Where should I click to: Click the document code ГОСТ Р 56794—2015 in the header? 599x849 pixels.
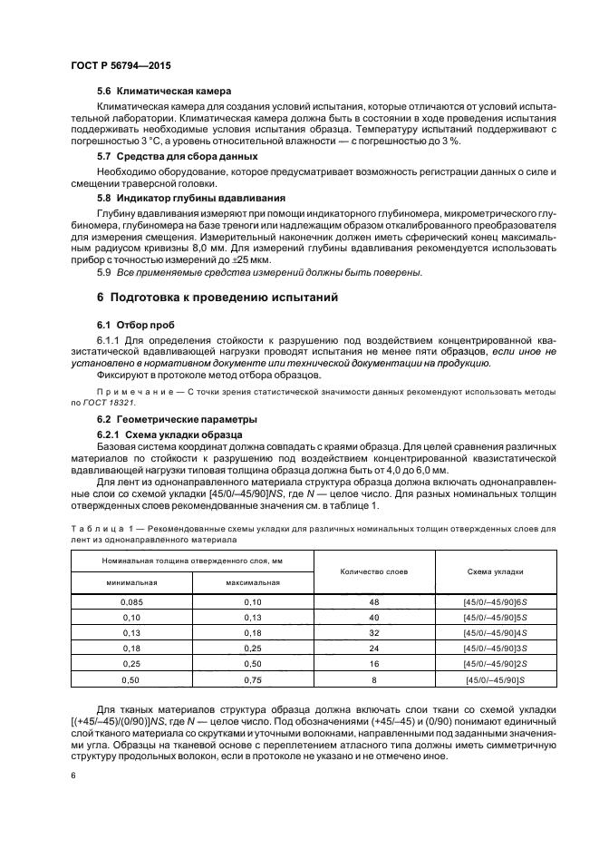pos(120,67)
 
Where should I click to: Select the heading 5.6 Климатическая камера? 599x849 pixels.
pos(164,91)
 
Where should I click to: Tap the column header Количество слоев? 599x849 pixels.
pos(373,571)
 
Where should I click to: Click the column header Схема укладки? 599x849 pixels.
pos(495,571)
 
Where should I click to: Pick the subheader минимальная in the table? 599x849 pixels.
pos(131,582)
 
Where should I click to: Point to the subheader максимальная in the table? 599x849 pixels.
pos(252,582)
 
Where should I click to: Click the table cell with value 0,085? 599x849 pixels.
pos(131,601)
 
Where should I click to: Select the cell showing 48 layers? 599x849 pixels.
pos(373,601)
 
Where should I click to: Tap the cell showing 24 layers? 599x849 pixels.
pos(373,648)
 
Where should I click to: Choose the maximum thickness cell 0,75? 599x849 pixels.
pos(252,678)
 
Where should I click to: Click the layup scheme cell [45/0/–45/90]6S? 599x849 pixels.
pos(495,601)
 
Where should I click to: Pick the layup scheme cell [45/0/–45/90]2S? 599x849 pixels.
pos(495,663)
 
